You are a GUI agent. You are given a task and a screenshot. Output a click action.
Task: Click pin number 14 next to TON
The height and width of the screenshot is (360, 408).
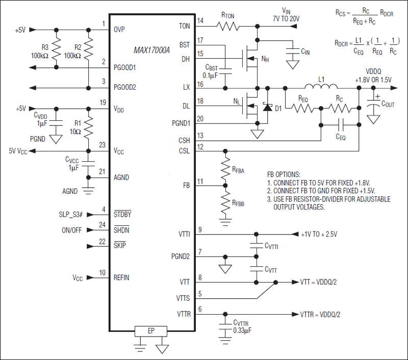[x=200, y=21]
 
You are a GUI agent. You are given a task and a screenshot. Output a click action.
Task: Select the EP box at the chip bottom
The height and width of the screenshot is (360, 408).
[x=151, y=331]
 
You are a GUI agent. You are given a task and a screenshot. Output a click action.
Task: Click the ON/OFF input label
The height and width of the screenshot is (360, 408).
[x=73, y=229]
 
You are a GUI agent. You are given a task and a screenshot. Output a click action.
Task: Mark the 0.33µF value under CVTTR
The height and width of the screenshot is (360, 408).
[x=243, y=330]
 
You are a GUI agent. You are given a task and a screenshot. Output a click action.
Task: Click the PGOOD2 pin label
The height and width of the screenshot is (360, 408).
[x=125, y=87]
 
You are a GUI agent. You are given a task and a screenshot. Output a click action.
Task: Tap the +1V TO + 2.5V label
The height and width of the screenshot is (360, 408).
[x=319, y=234]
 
